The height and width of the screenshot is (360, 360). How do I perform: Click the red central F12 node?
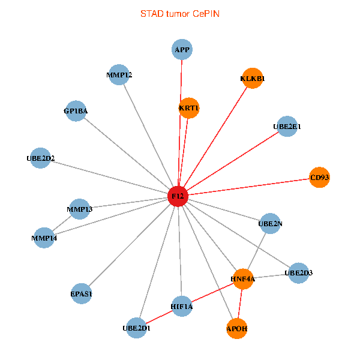tap(178, 196)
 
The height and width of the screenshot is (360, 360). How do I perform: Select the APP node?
tap(182, 49)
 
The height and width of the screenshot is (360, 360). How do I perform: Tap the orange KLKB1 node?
tap(253, 79)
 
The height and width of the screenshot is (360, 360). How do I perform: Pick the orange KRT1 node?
tap(189, 108)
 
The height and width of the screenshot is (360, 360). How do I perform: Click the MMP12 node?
tap(119, 75)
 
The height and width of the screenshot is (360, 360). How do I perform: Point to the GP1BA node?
tap(76, 111)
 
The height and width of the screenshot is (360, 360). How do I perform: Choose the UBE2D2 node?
tap(40, 158)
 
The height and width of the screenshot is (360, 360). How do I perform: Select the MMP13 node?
tap(79, 209)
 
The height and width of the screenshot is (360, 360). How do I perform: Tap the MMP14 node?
tap(44, 238)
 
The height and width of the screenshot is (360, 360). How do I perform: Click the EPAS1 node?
tap(81, 294)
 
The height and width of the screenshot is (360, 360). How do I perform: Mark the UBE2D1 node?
tap(137, 328)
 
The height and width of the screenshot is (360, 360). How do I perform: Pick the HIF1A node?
tap(181, 307)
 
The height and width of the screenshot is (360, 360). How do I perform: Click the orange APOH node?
tap(237, 329)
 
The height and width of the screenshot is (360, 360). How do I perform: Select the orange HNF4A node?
tap(243, 279)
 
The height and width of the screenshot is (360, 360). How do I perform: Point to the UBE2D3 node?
tap(298, 273)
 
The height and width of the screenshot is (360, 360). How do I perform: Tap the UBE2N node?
tap(270, 224)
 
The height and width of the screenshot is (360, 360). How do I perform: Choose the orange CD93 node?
tap(320, 177)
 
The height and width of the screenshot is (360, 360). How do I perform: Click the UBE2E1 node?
tap(287, 127)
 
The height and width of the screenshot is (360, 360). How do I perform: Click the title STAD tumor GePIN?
tap(180, 13)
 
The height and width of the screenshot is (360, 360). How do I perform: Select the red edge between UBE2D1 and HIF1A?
tap(159, 317)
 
